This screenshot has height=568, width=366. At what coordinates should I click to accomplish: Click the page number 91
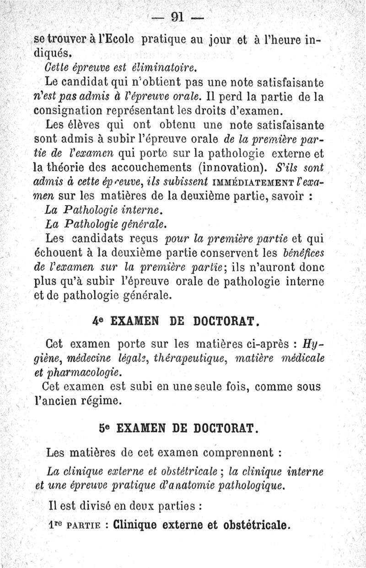pyautogui.click(x=177, y=17)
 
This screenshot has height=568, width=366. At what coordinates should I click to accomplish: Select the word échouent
pyautogui.click(x=57, y=253)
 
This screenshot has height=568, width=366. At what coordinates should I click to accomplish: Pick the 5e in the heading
pyautogui.click(x=105, y=428)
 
